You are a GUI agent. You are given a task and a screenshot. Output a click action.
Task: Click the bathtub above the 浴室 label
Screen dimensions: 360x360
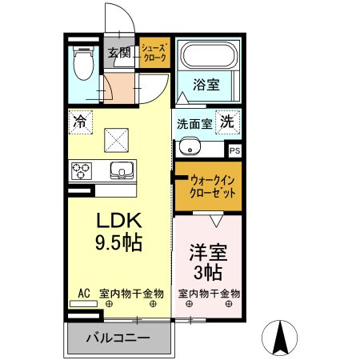pos(207,56)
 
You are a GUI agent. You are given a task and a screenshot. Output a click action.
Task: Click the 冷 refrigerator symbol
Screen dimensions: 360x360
pos(80,122)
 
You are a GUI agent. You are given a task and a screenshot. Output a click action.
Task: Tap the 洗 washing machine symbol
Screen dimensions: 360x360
pos(228,123)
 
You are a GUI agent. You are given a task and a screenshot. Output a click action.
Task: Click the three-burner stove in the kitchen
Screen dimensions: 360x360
pos(82,170)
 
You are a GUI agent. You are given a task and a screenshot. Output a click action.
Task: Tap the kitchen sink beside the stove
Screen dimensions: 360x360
pos(121,170)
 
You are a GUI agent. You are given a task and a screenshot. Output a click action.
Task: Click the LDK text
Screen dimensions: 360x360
pos(120,222)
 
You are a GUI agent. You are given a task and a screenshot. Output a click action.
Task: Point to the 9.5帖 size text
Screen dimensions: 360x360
pos(120,242)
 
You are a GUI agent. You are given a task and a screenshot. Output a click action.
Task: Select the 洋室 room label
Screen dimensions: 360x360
pos(208,254)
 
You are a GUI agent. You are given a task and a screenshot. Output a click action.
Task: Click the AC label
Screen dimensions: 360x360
pos(83,294)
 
